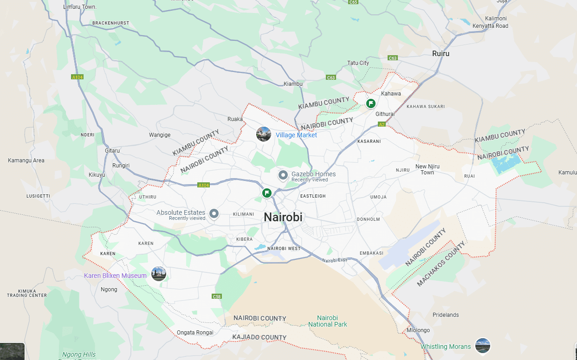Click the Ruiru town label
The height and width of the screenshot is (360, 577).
point(441,53)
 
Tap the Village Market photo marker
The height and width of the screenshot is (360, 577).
point(264,134)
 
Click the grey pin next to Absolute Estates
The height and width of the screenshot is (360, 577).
point(214,213)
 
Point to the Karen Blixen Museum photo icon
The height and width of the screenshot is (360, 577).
point(159,274)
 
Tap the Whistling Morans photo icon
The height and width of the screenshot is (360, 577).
point(483,346)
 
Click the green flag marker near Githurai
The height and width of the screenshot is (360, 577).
point(371,103)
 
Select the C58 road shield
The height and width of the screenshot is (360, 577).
point(216,296)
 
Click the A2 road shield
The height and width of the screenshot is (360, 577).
point(382,124)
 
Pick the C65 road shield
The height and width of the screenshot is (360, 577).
point(354,2)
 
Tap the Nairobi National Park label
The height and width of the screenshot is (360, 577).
point(327,321)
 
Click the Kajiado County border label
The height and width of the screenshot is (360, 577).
point(260,337)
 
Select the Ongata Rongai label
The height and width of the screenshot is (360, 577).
point(195,333)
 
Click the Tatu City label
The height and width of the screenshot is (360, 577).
point(358,63)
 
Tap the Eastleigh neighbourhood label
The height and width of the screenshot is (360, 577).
point(313,196)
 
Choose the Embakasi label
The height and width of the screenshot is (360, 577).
point(371,253)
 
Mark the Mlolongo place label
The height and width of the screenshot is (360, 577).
point(418,330)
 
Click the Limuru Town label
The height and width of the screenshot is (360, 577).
point(80,7)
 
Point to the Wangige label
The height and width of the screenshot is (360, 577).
point(160,135)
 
